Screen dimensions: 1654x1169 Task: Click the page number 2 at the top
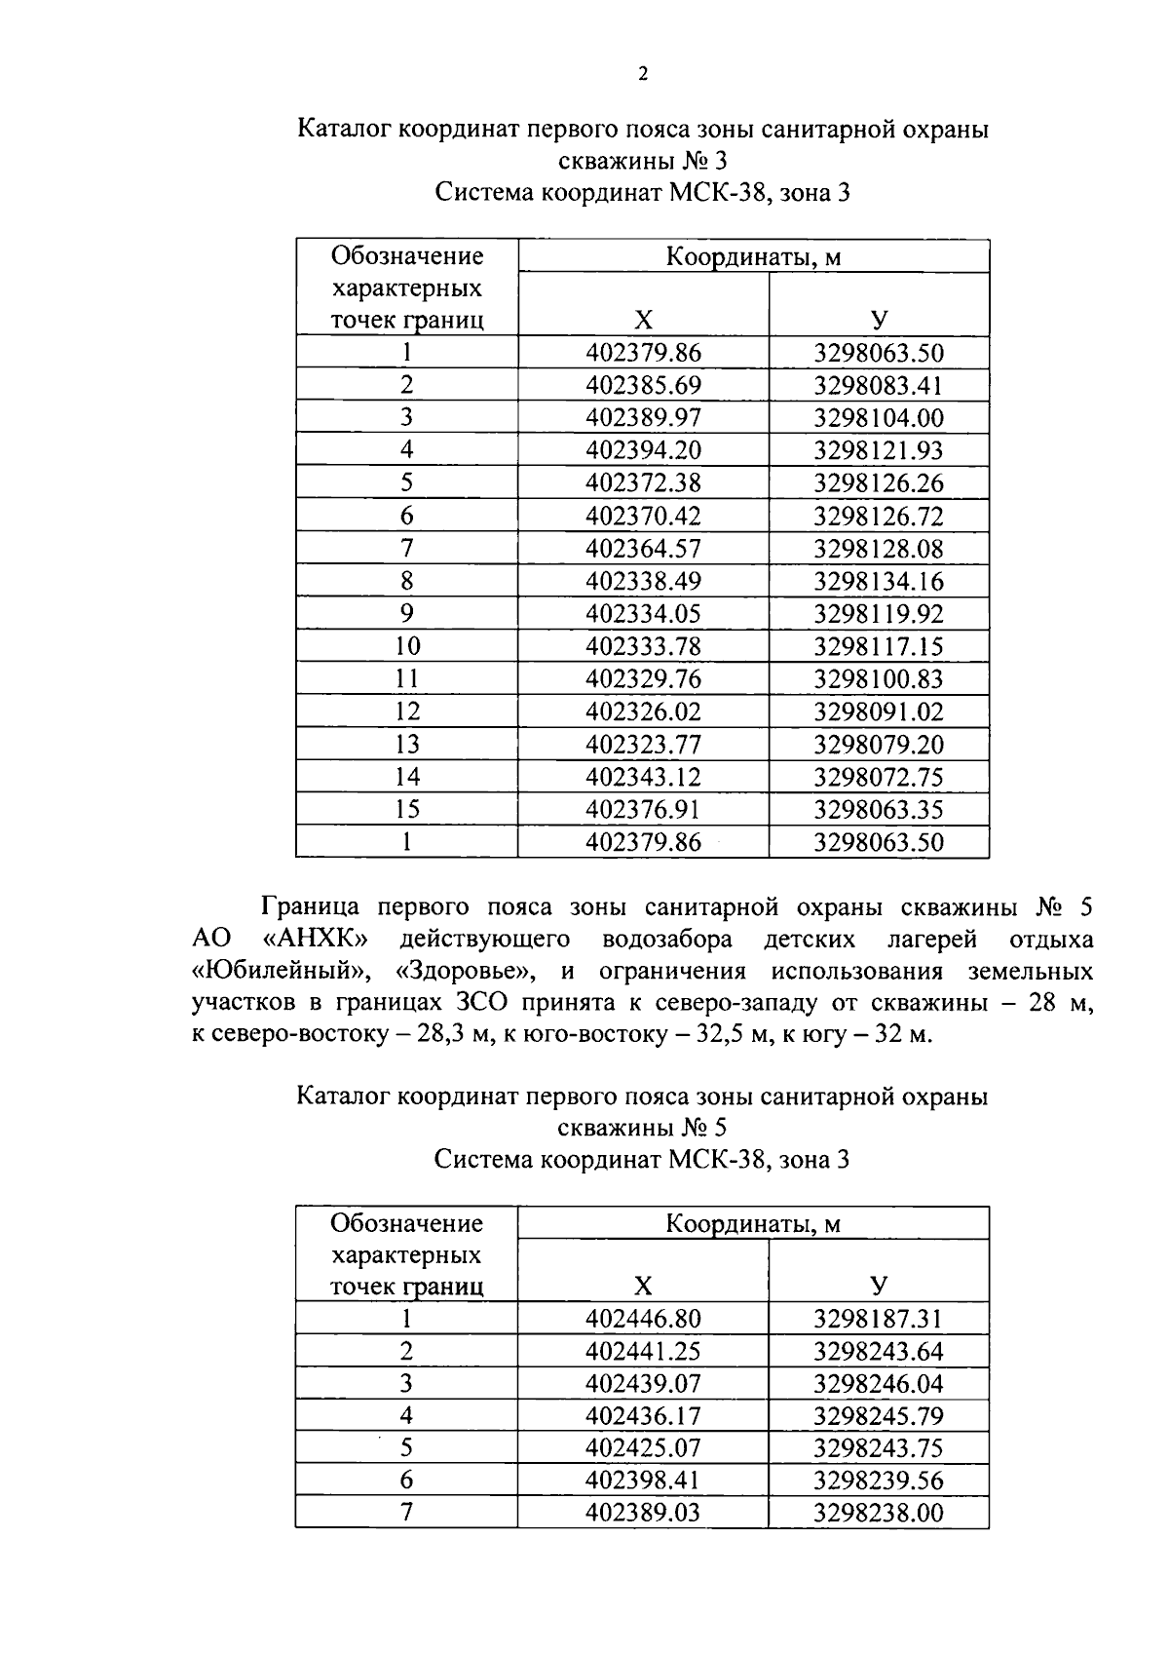point(643,75)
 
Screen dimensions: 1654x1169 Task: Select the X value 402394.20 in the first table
point(643,450)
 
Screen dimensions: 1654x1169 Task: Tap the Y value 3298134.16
point(879,581)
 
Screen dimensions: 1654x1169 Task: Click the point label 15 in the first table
point(406,809)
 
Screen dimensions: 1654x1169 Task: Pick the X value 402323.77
point(643,745)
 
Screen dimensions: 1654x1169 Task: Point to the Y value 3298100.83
point(879,679)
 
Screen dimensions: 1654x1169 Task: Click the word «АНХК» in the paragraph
point(321,940)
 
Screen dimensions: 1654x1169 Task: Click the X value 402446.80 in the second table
point(643,1319)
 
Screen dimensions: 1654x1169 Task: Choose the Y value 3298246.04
point(879,1384)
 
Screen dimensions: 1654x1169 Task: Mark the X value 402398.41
point(643,1481)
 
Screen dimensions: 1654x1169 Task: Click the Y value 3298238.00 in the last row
point(879,1513)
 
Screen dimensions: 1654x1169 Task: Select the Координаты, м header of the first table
point(753,257)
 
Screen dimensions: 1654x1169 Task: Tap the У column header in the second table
point(879,1286)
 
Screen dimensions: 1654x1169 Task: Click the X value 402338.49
point(643,581)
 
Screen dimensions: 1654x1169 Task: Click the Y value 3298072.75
point(879,777)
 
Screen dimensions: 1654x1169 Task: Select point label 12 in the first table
point(406,712)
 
